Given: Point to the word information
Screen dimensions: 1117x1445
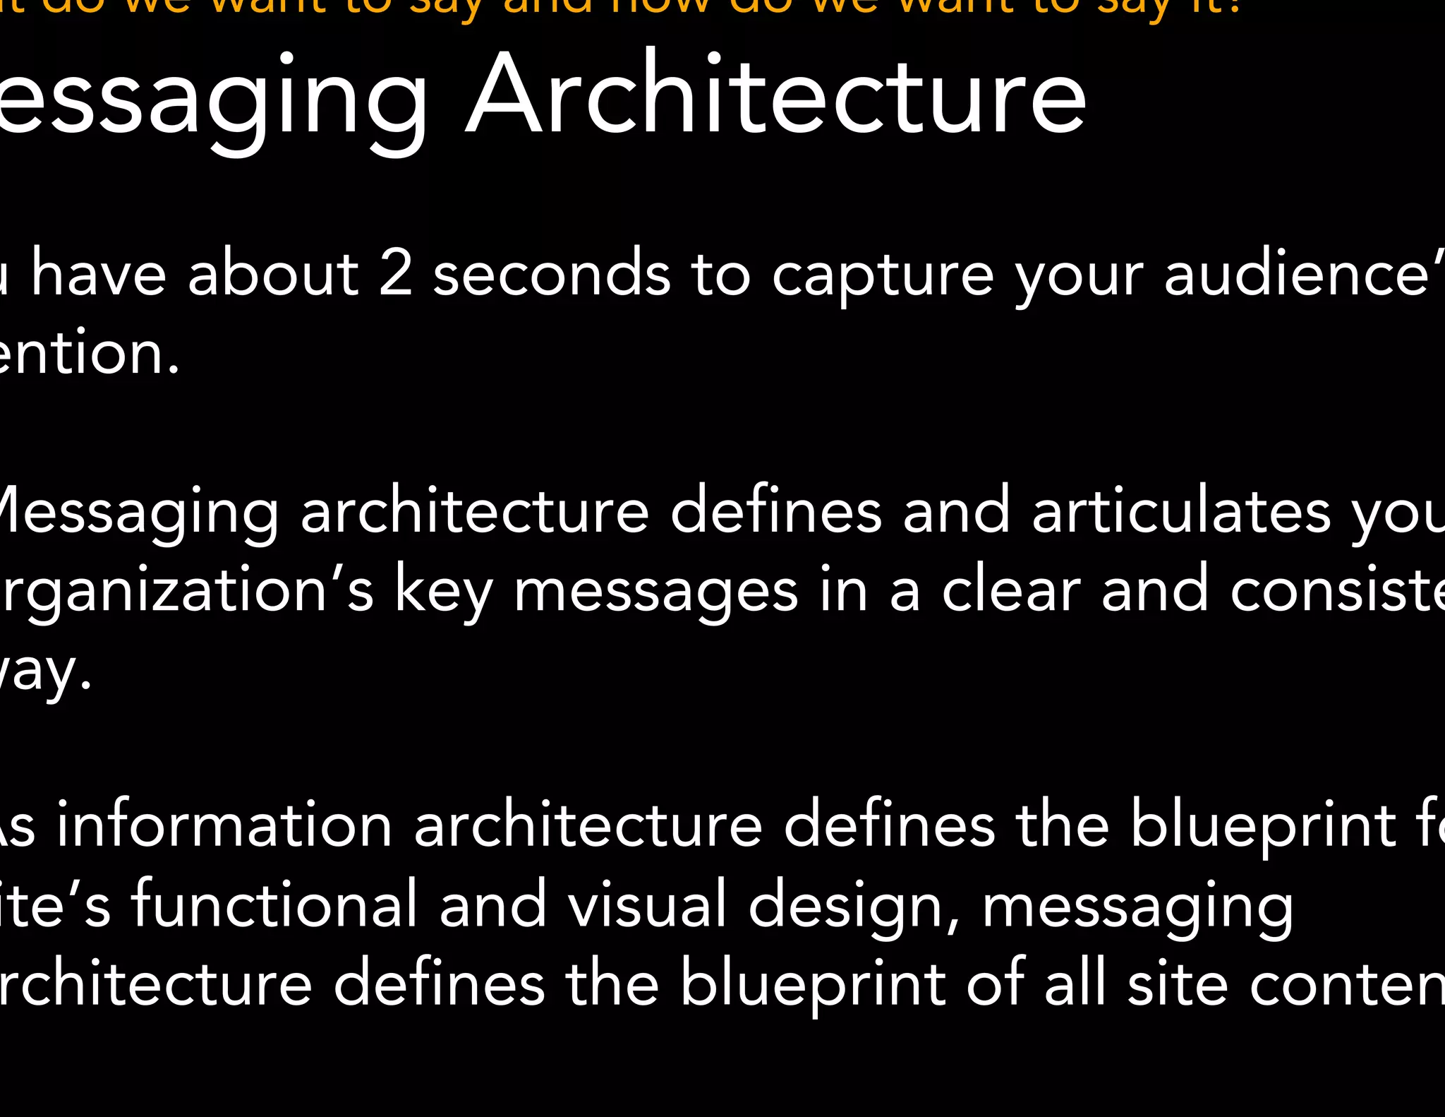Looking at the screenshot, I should point(224,825).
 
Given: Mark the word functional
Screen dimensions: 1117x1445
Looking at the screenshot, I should point(275,904).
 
